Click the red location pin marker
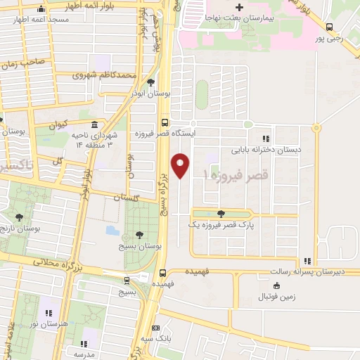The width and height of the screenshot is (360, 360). tap(181, 165)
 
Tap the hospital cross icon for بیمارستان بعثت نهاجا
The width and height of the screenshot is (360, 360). tap(239, 8)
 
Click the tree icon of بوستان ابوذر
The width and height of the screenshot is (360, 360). tap(151, 82)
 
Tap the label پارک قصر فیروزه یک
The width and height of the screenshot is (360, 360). tap(220, 224)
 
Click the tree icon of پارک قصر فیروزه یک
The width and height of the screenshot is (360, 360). tap(221, 213)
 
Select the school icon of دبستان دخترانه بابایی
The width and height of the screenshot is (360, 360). tap(266, 139)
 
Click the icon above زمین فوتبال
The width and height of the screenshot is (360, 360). tap(276, 285)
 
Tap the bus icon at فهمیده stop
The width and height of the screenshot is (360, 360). tap(163, 272)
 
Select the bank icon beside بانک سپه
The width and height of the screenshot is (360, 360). tap(155, 328)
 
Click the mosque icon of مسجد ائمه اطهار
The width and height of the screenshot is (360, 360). tap(41, 9)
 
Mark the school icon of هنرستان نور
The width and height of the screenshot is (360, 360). tap(49, 311)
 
